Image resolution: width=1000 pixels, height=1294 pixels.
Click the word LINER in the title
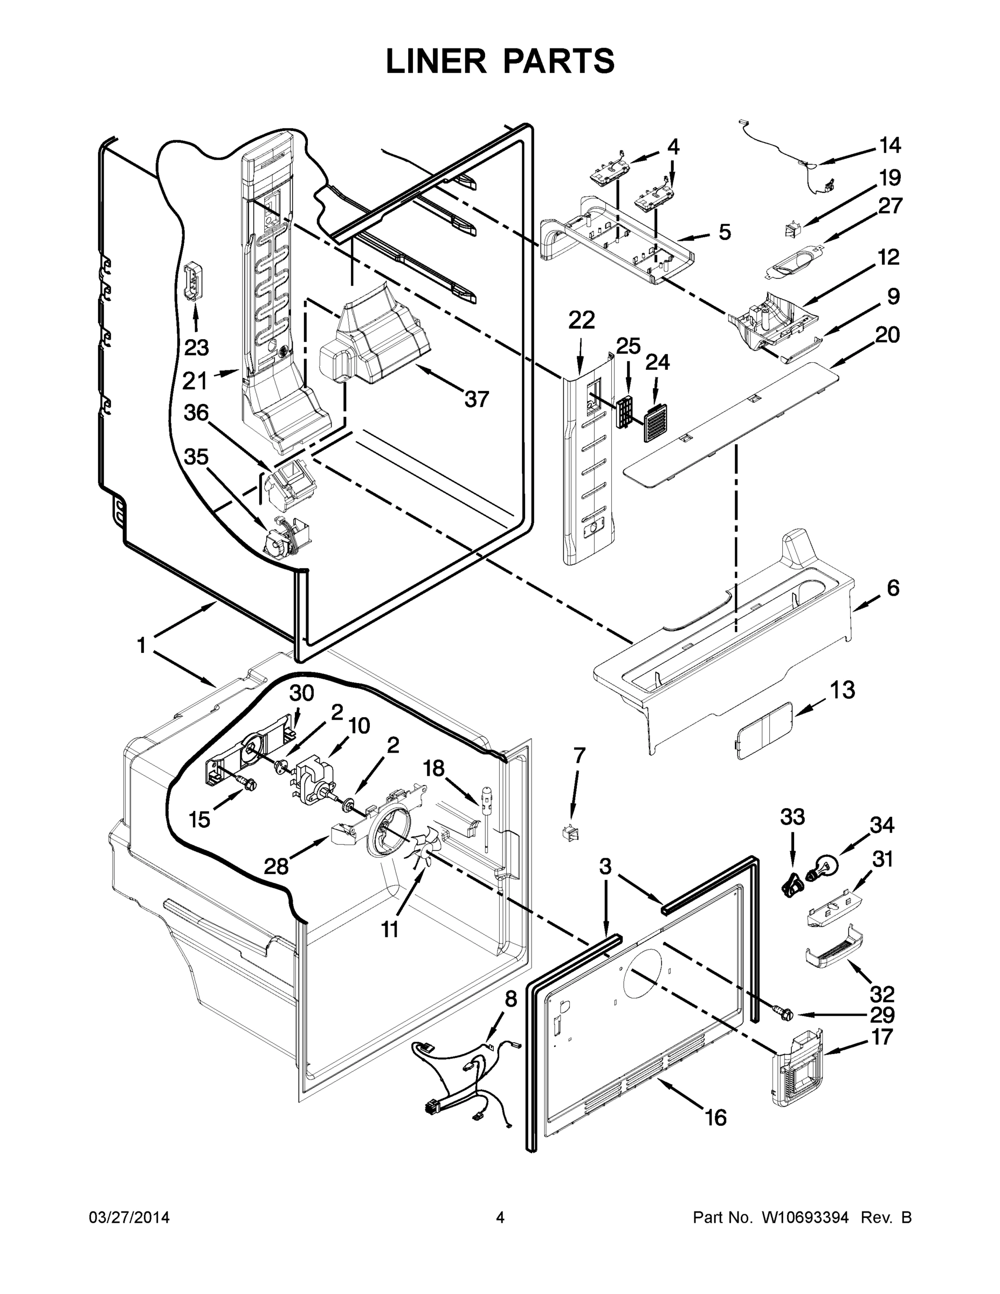(436, 61)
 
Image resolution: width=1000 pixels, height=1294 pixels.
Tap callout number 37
(477, 400)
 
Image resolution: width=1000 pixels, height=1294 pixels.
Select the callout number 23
(196, 347)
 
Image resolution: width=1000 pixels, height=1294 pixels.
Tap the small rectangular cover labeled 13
(763, 731)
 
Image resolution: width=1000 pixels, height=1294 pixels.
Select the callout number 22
(581, 321)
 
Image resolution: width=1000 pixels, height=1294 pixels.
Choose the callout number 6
(893, 588)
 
